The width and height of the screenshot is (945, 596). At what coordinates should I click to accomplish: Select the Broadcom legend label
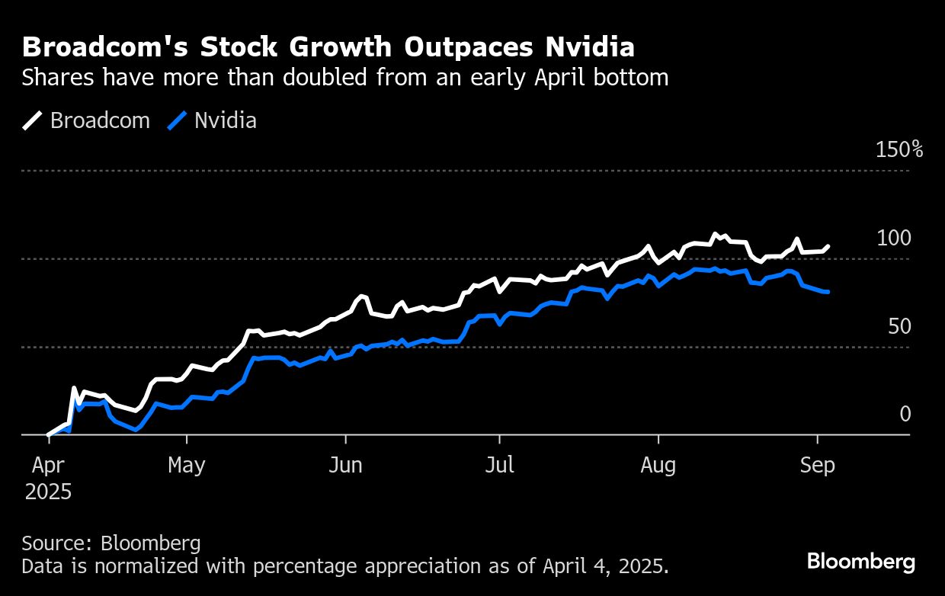click(x=100, y=120)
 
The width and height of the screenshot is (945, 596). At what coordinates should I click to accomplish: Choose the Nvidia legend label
click(x=225, y=120)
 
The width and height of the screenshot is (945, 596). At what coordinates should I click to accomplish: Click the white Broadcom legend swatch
click(x=33, y=120)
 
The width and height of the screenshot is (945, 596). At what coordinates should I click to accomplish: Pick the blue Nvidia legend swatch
click(x=177, y=120)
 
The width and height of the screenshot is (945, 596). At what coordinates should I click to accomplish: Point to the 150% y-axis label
click(x=899, y=149)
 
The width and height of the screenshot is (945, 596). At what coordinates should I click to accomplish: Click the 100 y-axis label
click(x=893, y=238)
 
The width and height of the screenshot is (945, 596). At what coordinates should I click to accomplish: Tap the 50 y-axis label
click(x=899, y=326)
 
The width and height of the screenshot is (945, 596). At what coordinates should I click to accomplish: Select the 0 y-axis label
click(x=905, y=414)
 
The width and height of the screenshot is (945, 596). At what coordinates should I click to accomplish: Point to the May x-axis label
click(x=187, y=465)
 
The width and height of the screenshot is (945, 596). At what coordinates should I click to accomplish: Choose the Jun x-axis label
click(x=345, y=465)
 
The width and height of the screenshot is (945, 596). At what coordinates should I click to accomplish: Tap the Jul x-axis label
click(x=499, y=465)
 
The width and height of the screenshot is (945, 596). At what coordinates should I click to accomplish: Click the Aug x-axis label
click(x=658, y=465)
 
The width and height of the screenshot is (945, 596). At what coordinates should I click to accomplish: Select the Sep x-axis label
click(x=817, y=465)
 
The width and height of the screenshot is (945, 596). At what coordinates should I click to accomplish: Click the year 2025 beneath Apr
click(x=48, y=492)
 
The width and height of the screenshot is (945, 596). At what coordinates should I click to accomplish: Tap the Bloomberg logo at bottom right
click(x=861, y=562)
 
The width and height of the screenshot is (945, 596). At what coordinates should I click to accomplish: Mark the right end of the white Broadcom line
click(x=828, y=246)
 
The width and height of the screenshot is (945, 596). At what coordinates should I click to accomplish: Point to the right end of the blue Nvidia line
click(x=828, y=292)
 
